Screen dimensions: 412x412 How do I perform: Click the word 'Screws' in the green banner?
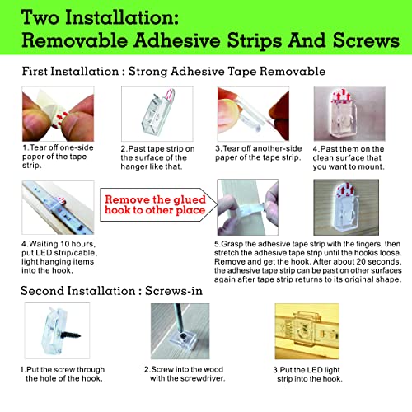pos(366,40)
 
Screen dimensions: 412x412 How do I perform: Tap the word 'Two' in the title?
pos(40,17)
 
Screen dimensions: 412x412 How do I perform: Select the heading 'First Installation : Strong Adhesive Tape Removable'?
pos(174,72)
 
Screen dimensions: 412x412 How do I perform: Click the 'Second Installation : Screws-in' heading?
pos(111,291)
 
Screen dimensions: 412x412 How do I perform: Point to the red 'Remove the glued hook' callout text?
pos(155,204)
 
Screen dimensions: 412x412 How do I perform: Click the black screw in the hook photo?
pos(71,335)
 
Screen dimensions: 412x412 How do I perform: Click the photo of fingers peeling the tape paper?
pos(58,114)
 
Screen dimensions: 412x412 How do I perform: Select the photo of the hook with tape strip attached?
pos(157,114)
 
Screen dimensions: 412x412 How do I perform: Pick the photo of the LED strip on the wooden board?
pos(58,208)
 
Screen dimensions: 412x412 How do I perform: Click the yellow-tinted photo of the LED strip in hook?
pos(307,331)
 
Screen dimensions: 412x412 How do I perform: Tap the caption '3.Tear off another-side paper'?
pos(258,153)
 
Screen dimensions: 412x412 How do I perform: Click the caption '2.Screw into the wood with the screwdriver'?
pos(185,374)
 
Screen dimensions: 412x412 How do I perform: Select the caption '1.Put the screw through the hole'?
pos(63,374)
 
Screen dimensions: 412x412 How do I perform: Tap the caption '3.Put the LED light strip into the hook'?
pos(307,374)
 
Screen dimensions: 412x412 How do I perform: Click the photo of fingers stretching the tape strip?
pos(247,208)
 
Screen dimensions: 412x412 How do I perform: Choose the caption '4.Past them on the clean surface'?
pos(349,158)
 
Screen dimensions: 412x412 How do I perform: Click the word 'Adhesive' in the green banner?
pos(177,40)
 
